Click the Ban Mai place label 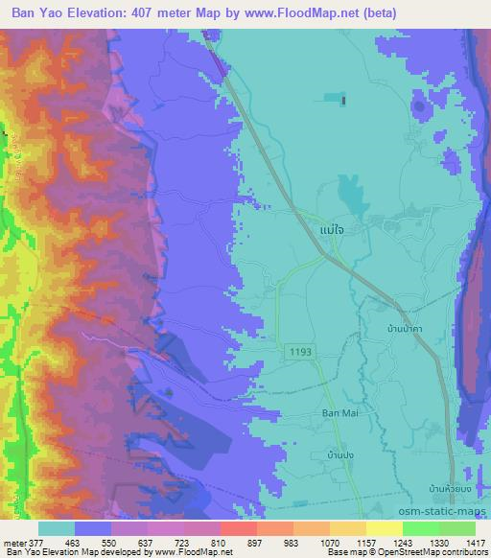click(339, 414)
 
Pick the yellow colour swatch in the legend click(384, 528)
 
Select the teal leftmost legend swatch click(57, 528)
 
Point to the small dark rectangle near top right click(342, 99)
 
